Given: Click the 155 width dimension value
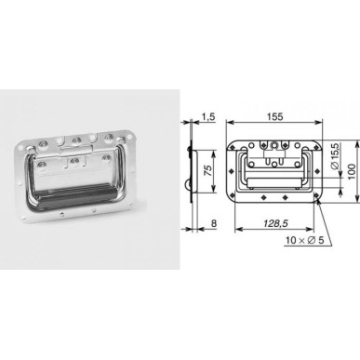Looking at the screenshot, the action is pyautogui.click(x=274, y=116).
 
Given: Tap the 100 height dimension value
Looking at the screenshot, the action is pyautogui.click(x=352, y=171).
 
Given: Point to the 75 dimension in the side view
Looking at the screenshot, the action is pyautogui.click(x=208, y=171).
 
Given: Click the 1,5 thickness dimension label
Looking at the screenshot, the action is pyautogui.click(x=208, y=116).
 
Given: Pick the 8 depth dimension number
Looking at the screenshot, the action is pyautogui.click(x=213, y=223).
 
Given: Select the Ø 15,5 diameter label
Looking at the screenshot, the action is pyautogui.click(x=336, y=155).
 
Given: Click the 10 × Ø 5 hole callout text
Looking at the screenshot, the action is pyautogui.click(x=305, y=240).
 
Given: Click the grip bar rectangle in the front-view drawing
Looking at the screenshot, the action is pyautogui.click(x=274, y=182).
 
